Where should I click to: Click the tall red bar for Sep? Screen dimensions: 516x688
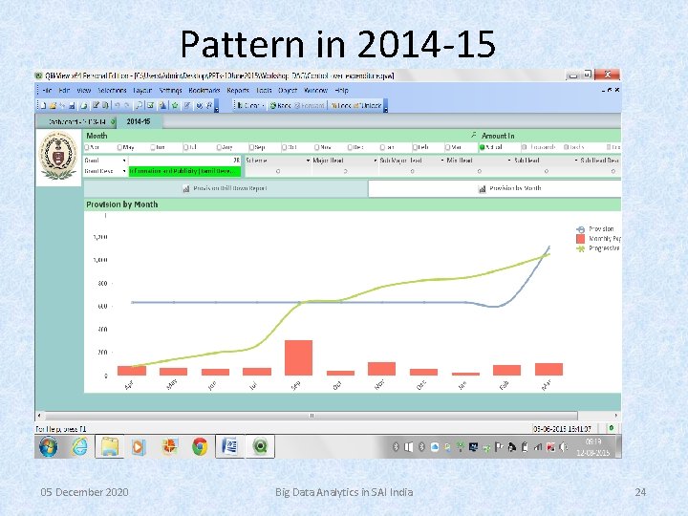point(298,357)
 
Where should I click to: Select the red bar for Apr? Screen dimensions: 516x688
point(132,370)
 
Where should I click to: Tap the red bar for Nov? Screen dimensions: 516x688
point(381,368)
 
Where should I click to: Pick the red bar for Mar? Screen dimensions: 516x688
point(548,369)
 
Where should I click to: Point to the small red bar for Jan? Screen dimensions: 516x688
point(465,374)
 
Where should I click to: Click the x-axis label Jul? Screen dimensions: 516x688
point(254,385)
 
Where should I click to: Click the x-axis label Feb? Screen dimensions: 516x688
point(505,385)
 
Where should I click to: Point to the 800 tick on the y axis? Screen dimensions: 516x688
point(99,283)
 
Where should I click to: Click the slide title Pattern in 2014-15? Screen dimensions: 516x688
point(337,43)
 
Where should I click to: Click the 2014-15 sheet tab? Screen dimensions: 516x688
point(140,121)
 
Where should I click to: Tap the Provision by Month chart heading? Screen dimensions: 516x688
point(121,204)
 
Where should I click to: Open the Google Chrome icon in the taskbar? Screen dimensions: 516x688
point(199,446)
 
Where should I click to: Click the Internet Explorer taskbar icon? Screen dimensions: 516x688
point(79,446)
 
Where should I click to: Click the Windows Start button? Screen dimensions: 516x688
point(48,446)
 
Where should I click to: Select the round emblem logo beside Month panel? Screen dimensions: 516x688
point(59,157)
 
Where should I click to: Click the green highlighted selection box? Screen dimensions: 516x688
point(183,172)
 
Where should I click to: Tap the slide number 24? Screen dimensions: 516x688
point(640,491)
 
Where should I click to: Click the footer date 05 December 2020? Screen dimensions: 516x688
point(84,491)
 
